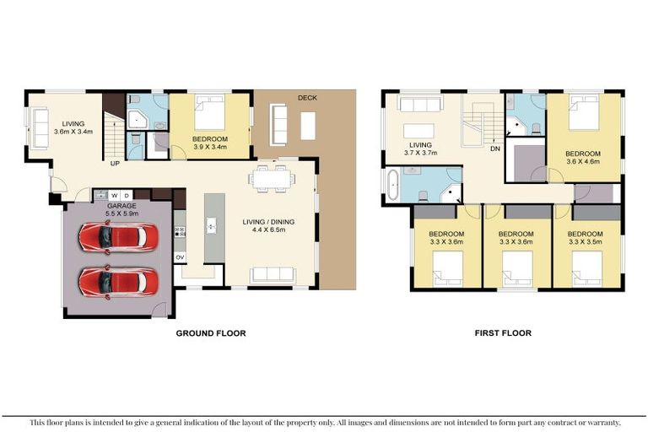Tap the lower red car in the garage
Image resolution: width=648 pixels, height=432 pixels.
click(x=117, y=281)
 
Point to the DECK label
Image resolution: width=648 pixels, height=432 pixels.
click(x=307, y=98)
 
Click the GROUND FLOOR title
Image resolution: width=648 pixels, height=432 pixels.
click(x=210, y=333)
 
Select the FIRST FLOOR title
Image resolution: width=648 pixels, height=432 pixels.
click(x=503, y=333)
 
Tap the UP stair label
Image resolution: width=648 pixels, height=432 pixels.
click(x=113, y=165)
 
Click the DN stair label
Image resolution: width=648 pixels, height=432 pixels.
click(x=494, y=149)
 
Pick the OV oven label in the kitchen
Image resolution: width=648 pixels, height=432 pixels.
click(x=180, y=256)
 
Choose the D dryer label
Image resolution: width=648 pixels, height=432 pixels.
click(x=127, y=195)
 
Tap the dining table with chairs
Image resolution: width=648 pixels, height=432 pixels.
click(x=271, y=178)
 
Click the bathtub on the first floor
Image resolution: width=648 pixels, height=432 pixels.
click(x=391, y=186)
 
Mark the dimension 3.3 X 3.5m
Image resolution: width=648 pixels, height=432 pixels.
click(x=585, y=242)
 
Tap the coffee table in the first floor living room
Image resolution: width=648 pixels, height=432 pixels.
click(x=419, y=131)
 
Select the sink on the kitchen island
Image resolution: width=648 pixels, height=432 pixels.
click(x=212, y=226)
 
